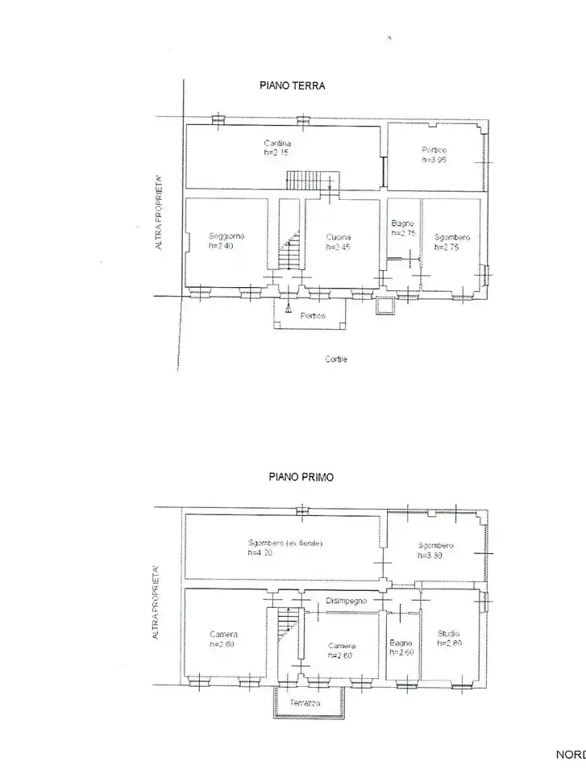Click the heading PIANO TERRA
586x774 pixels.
(x=292, y=86)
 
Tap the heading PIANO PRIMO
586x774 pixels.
(x=301, y=476)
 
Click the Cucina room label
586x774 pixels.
(x=339, y=237)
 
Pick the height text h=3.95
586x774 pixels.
(x=433, y=160)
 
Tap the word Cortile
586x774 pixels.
(x=337, y=360)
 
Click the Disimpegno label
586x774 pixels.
(x=347, y=601)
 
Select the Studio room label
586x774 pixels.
(x=449, y=634)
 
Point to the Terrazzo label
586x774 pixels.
(x=305, y=704)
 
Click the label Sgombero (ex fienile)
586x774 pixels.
(x=285, y=543)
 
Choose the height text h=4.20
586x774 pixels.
(x=260, y=553)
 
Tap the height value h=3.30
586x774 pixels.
(x=430, y=556)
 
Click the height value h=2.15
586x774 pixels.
(x=276, y=153)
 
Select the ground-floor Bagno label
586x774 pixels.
(x=402, y=223)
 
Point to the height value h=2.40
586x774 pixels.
(x=221, y=246)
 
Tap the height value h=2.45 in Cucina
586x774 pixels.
(x=339, y=247)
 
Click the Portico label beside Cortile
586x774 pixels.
(x=312, y=315)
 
